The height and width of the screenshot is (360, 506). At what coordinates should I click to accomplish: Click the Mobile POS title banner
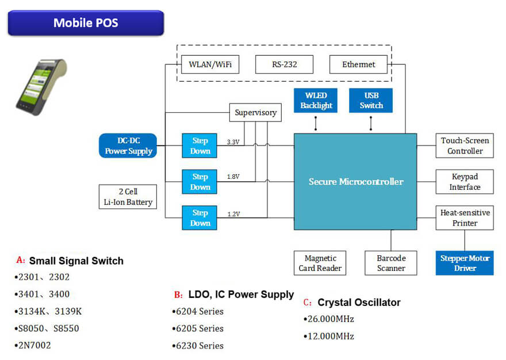pyautogui.click(x=86, y=23)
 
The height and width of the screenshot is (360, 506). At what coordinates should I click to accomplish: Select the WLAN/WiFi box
pyautogui.click(x=210, y=64)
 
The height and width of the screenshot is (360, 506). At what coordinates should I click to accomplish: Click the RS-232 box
pyautogui.click(x=284, y=64)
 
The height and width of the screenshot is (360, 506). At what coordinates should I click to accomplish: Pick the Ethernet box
pyautogui.click(x=358, y=64)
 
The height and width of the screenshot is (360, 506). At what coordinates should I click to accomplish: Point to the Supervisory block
pyautogui.click(x=255, y=113)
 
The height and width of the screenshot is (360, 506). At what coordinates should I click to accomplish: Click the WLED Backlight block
pyautogui.click(x=316, y=100)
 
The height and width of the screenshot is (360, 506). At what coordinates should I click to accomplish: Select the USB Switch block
pyautogui.click(x=371, y=100)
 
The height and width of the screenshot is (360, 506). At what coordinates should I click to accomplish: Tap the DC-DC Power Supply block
pyautogui.click(x=128, y=145)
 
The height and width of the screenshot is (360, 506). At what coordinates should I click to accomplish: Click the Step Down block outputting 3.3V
pyautogui.click(x=200, y=146)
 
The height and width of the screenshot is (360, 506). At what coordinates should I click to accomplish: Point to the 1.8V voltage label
pyautogui.click(x=233, y=177)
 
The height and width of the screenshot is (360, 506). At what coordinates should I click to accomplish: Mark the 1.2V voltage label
pyautogui.click(x=233, y=213)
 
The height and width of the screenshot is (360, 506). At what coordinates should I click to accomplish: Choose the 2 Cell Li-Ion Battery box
pyautogui.click(x=128, y=197)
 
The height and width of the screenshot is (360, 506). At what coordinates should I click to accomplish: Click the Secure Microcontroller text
pyautogui.click(x=356, y=182)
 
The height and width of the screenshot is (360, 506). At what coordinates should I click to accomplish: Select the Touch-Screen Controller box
pyautogui.click(x=465, y=145)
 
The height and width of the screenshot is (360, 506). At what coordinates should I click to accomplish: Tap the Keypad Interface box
pyautogui.click(x=465, y=182)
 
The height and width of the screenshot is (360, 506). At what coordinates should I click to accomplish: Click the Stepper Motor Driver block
pyautogui.click(x=465, y=263)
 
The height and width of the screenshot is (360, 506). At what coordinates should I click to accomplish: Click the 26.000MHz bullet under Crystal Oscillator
pyautogui.click(x=329, y=319)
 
